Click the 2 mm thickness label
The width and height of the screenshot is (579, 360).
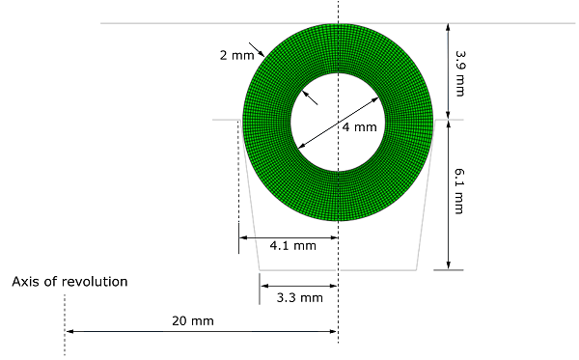point(236,55)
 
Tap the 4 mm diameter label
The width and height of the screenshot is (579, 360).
point(359,127)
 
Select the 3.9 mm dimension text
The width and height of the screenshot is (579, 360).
point(459,73)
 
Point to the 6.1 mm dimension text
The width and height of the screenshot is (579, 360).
point(459,191)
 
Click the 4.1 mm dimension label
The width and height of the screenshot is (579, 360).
point(292,246)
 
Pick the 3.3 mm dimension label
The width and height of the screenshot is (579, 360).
point(300,298)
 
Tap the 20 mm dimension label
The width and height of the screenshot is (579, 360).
point(193,320)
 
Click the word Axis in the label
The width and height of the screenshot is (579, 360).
point(24,282)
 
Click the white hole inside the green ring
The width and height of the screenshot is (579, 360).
point(338,123)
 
